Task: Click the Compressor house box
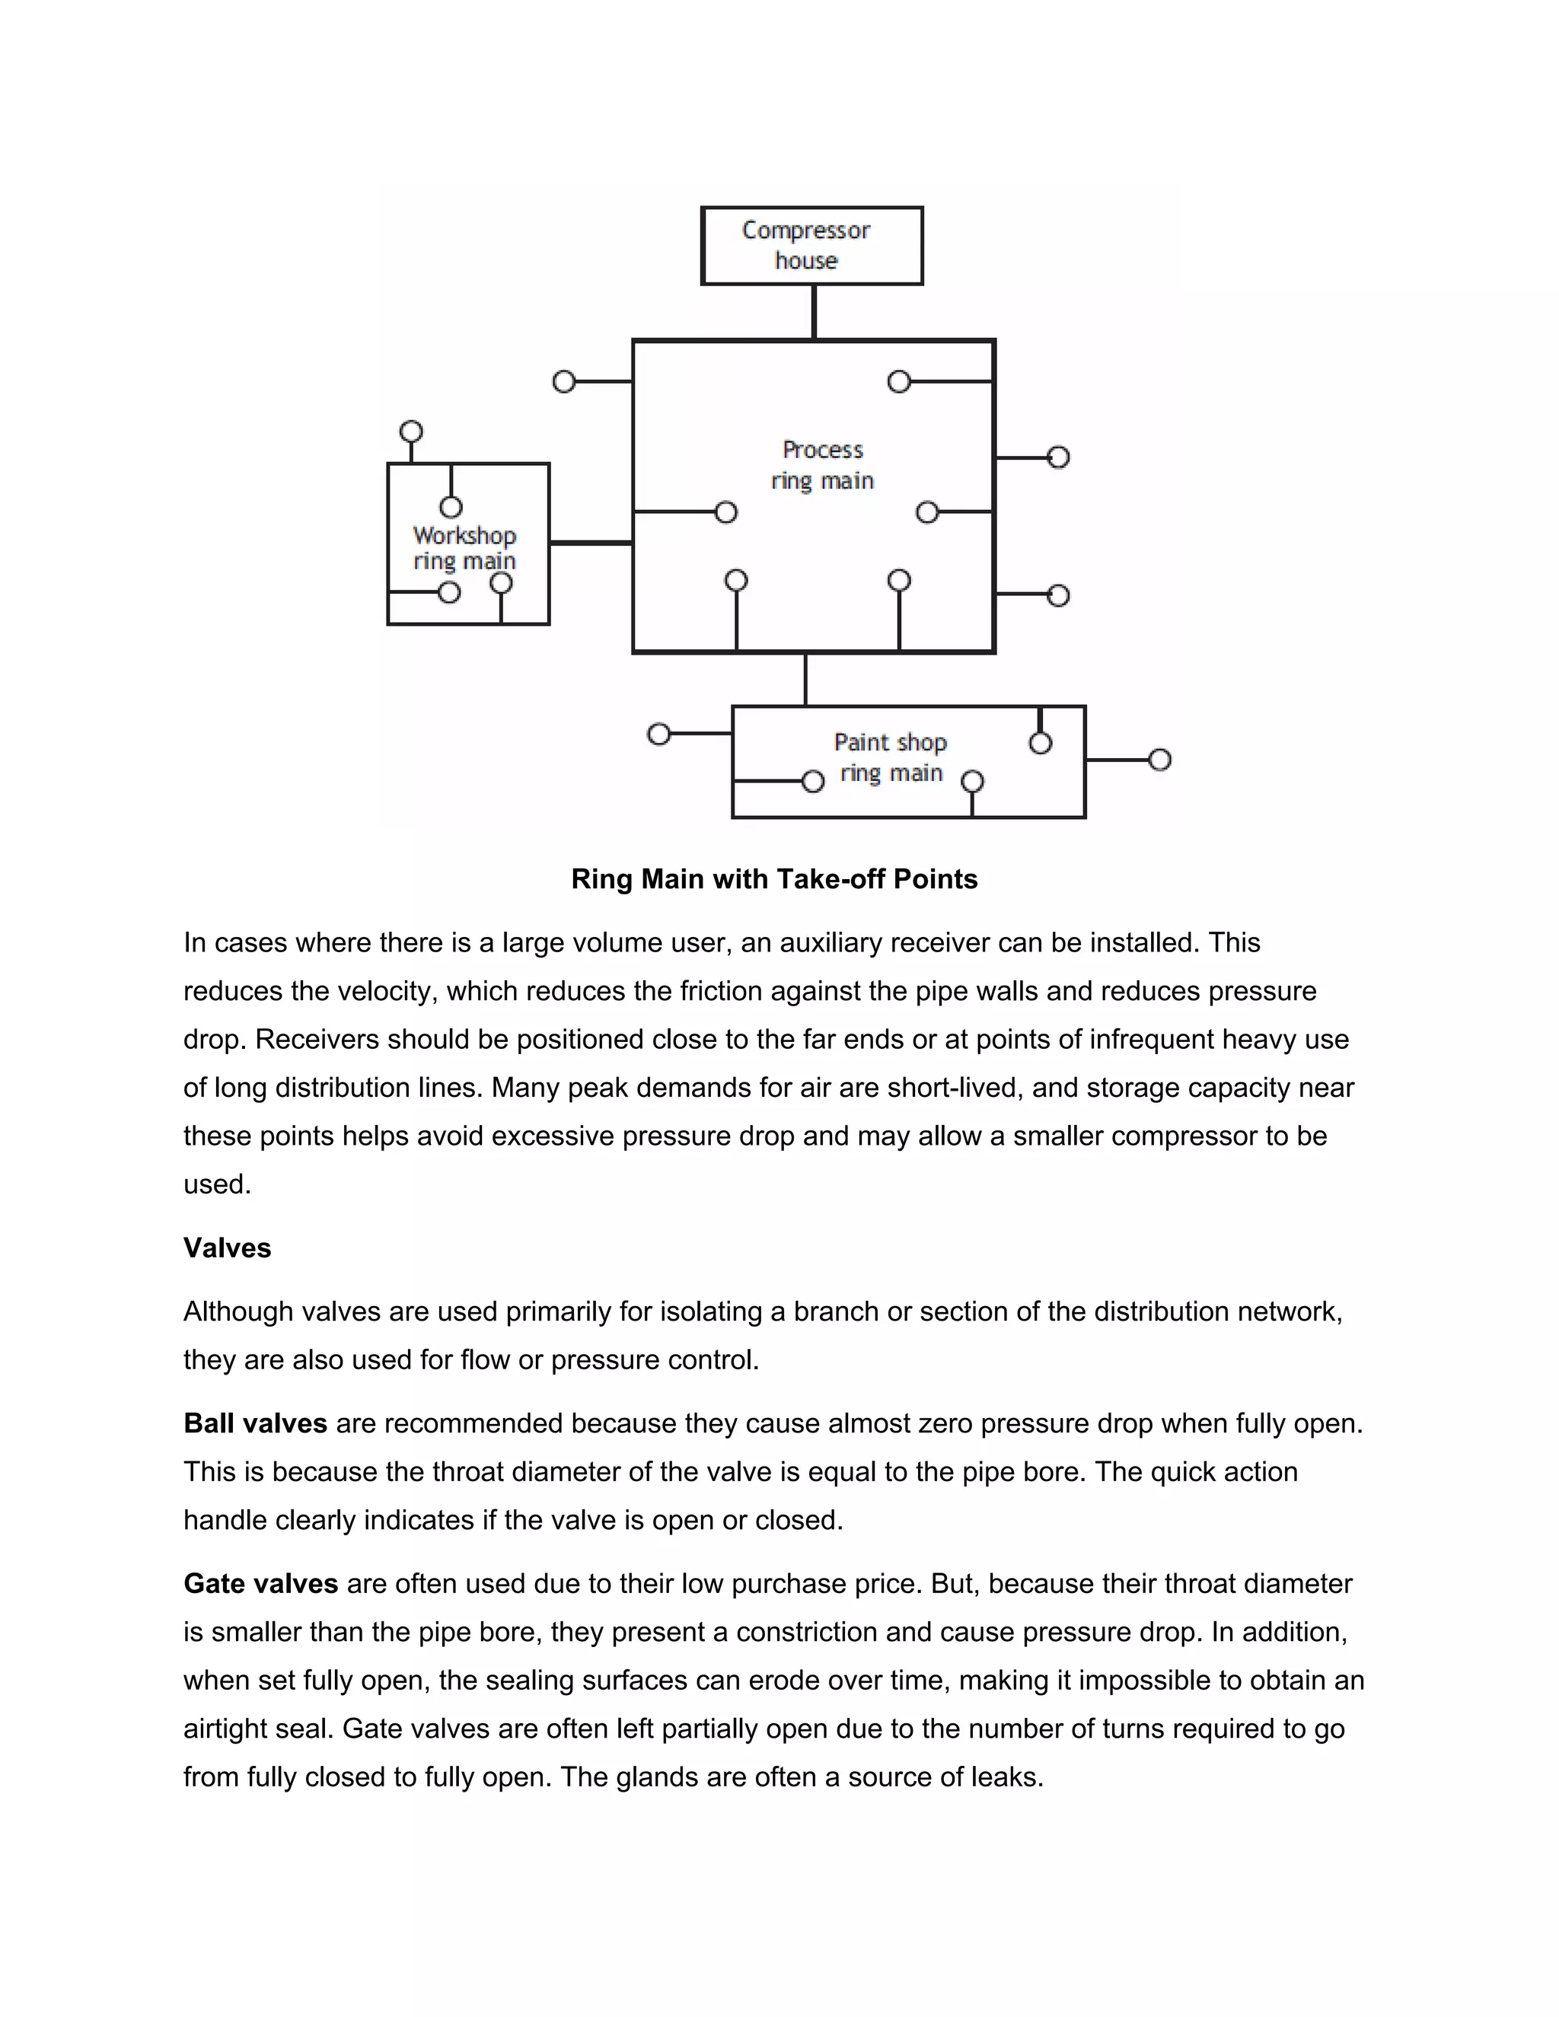point(811,245)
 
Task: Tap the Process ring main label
point(822,464)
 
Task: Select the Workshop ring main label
point(464,548)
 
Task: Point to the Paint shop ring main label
point(891,757)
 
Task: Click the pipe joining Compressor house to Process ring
point(814,312)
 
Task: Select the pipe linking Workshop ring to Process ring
point(590,543)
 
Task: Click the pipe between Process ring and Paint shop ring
point(805,679)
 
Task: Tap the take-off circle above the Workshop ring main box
point(411,432)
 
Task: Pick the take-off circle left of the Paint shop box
point(658,734)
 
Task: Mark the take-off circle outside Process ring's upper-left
point(563,381)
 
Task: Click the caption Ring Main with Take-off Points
point(774,878)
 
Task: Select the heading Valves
point(227,1247)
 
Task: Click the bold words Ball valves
point(255,1423)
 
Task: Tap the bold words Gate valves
point(260,1584)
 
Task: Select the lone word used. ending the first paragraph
point(217,1184)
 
